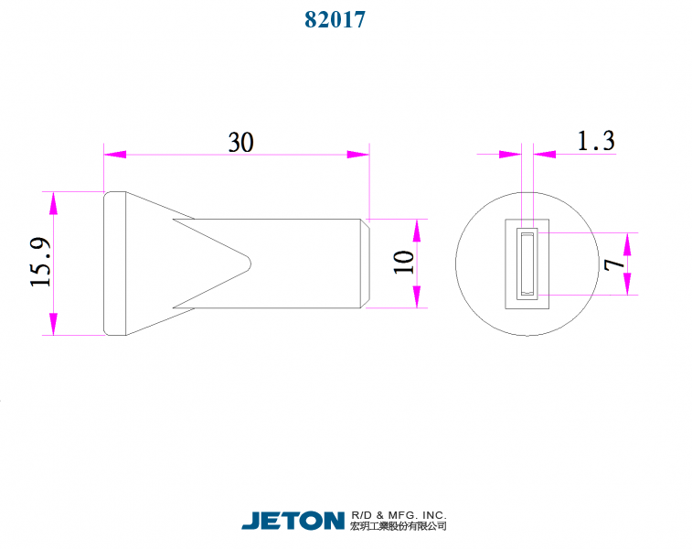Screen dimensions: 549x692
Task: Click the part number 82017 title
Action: tap(335, 19)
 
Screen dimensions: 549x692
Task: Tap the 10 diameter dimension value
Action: tap(404, 263)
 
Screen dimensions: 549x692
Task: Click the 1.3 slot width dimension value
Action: tap(595, 141)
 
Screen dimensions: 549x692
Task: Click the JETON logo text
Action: tap(293, 521)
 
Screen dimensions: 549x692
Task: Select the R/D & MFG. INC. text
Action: tap(399, 515)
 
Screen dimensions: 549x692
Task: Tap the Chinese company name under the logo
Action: tap(399, 527)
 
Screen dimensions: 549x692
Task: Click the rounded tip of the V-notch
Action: tap(248, 263)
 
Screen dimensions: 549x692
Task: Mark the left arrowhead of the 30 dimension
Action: tap(114, 155)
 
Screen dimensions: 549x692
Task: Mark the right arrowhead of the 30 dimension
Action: tap(358, 155)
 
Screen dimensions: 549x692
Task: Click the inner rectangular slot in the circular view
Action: tap(527, 264)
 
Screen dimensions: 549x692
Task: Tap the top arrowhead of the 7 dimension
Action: tap(629, 242)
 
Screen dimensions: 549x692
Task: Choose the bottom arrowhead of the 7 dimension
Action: tap(629, 285)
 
